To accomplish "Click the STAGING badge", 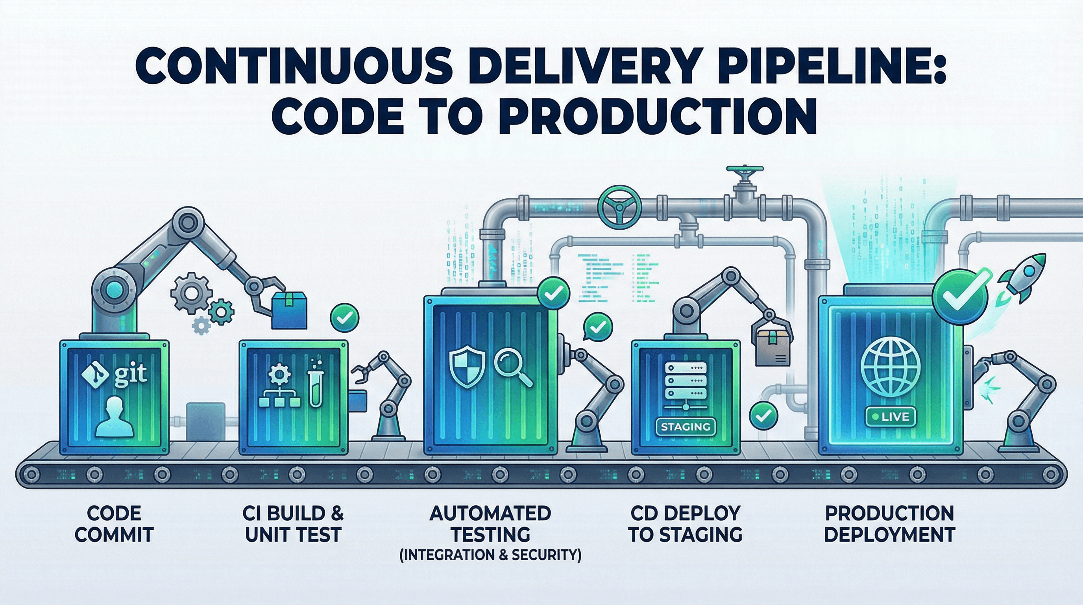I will tap(685, 427).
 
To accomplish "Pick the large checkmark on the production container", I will tap(960, 297).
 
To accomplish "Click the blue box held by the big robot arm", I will tap(289, 311).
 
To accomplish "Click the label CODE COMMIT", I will tap(114, 524).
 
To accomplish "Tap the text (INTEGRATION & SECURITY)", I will tap(490, 555).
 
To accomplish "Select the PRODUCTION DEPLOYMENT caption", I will tap(890, 524).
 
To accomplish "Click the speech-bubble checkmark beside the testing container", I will tap(598, 327).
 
